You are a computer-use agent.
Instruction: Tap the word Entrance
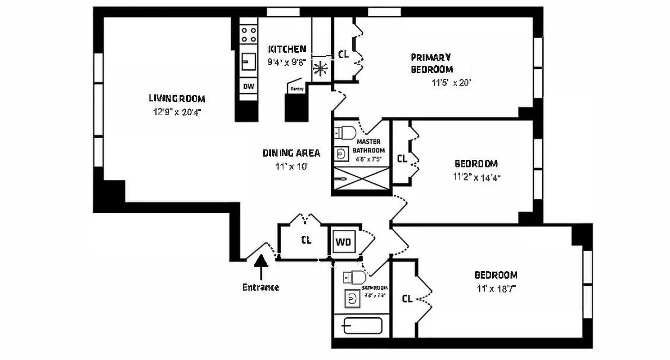pos(261,287)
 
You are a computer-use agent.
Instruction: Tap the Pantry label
pos(297,89)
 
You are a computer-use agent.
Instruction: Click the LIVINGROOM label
pos(177,99)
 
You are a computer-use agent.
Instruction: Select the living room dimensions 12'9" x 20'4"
pos(177,112)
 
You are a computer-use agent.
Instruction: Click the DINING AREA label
pos(292,153)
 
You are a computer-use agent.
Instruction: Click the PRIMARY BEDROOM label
pos(431,63)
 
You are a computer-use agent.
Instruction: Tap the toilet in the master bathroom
pos(346,133)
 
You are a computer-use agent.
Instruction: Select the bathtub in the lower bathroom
pos(362,326)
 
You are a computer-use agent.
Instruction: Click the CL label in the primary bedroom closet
pos(343,54)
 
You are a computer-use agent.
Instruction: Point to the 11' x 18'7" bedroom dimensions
pos(495,288)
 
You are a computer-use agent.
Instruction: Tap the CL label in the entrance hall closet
pos(306,240)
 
